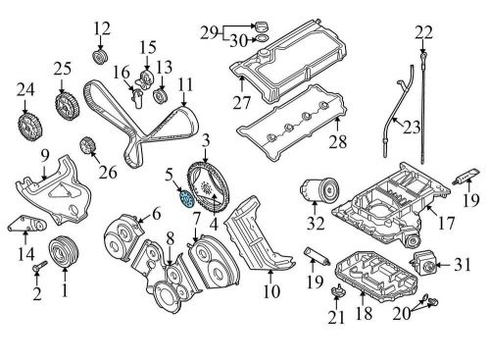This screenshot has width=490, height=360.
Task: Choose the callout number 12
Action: (103, 26)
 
